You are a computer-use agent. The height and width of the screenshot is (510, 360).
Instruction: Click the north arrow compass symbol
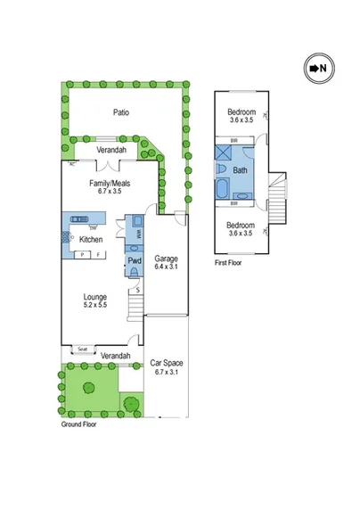point(316,68)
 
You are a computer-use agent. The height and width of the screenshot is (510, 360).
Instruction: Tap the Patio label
point(122,112)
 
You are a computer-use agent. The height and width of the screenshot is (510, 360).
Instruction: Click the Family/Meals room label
point(110,182)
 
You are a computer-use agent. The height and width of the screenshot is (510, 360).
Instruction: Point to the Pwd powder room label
point(135,261)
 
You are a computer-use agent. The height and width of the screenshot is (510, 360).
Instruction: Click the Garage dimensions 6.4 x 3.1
point(166,266)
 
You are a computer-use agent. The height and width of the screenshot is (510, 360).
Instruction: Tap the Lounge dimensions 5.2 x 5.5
point(95,305)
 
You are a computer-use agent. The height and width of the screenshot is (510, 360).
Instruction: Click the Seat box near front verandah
point(82,349)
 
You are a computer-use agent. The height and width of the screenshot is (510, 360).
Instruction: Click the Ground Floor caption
point(78,424)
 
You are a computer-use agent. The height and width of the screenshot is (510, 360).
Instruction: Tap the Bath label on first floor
point(240,169)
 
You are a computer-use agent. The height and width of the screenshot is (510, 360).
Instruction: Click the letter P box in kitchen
point(83,255)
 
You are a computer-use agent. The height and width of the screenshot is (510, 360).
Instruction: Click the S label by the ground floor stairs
point(138,291)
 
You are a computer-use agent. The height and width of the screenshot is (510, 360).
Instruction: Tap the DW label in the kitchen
point(94,228)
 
